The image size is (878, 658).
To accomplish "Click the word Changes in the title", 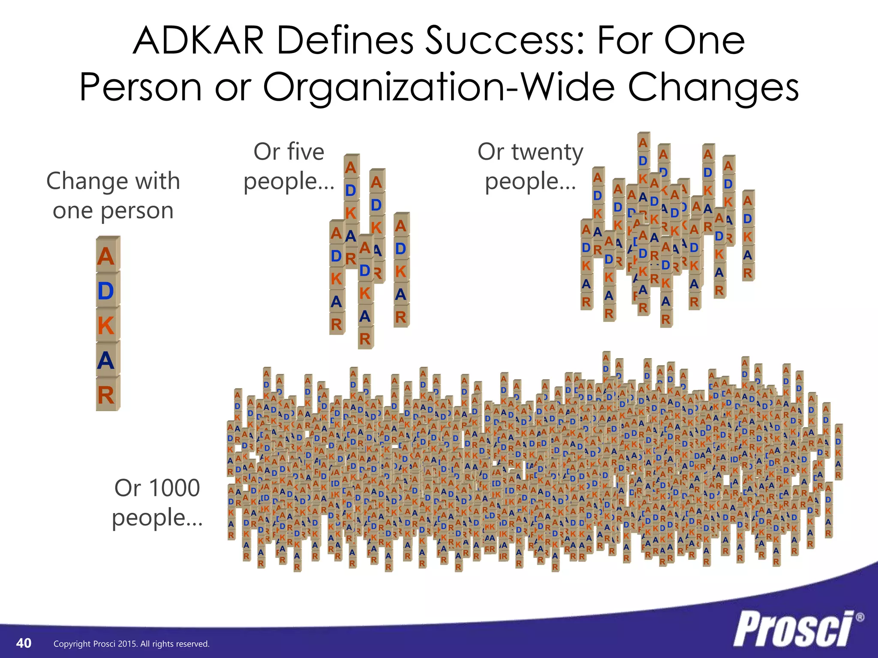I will tap(713, 87).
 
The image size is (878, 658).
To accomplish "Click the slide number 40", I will tap(24, 643).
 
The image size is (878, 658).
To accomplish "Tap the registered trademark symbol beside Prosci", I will tap(860, 617).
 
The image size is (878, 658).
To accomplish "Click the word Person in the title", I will tap(140, 87).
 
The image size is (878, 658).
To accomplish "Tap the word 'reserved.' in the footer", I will tap(194, 644).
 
